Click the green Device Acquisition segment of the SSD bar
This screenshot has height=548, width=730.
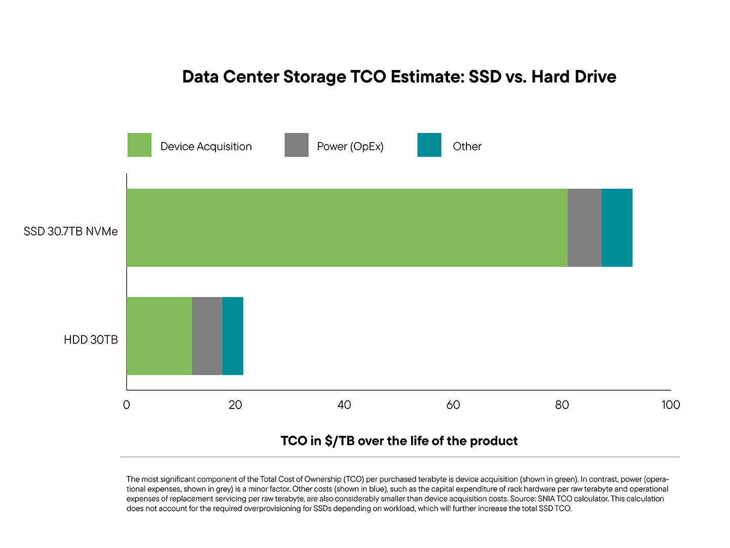pos(347,228)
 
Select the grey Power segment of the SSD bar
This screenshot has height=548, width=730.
pos(585,228)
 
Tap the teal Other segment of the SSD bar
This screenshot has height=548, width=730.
pos(617,228)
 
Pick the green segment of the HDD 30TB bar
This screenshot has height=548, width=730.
pos(159,336)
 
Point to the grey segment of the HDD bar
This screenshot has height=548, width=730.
pos(207,336)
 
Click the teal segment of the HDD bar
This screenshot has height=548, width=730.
pos(233,336)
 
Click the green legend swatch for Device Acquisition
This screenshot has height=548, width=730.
pos(139,145)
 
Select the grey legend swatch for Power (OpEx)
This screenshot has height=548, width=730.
pos(297,145)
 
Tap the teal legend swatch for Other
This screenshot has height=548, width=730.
pos(429,145)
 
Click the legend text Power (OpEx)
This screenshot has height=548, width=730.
pos(350,147)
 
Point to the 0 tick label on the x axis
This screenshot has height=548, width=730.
pos(126,405)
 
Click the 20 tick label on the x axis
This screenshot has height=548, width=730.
pos(235,405)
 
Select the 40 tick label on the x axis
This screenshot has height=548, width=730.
pos(344,405)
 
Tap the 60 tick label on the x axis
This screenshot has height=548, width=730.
pos(453,405)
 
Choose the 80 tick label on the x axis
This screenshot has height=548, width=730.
pos(562,405)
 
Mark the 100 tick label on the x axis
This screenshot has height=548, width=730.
pos(671,405)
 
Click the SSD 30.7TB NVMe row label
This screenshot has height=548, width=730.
pos(70,232)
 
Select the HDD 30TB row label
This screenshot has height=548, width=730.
pos(91,340)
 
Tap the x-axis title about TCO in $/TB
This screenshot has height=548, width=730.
pos(399,441)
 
